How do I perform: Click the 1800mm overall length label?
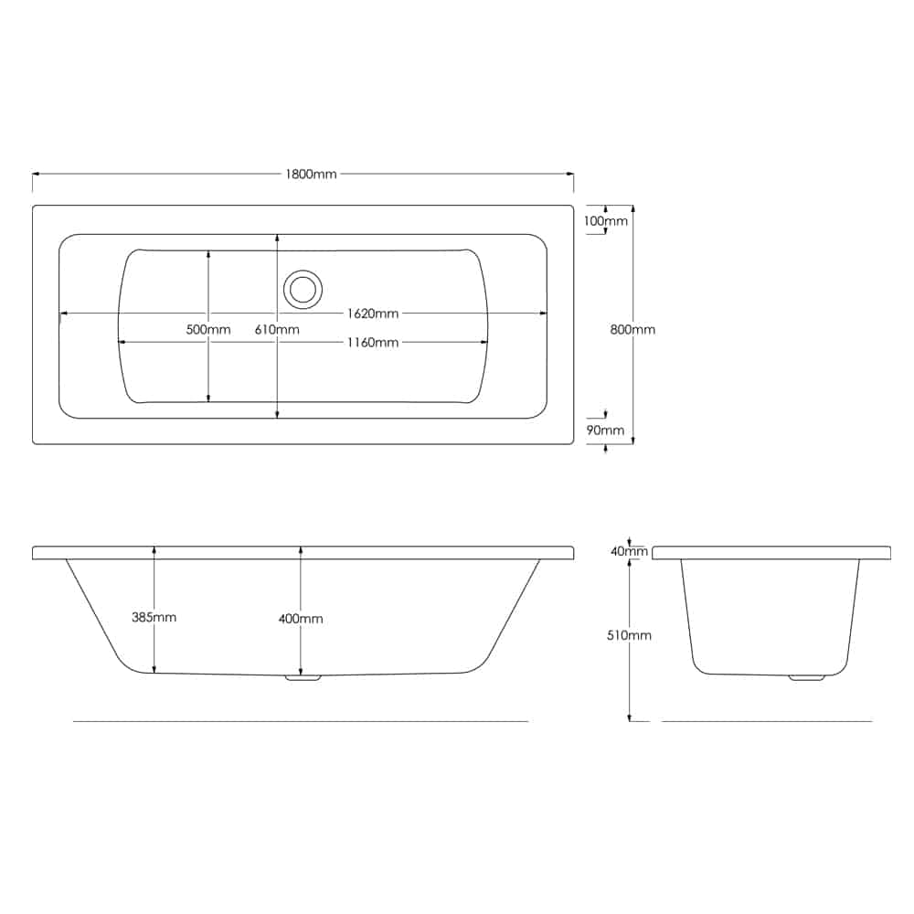[311, 174]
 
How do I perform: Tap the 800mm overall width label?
[632, 329]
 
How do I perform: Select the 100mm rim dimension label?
[606, 221]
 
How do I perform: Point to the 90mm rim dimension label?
[605, 430]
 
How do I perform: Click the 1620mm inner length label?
[373, 314]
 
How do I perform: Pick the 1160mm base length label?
[373, 342]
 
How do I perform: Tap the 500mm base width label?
[208, 329]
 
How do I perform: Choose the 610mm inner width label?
[277, 329]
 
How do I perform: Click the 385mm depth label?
[154, 617]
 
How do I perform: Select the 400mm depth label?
[300, 619]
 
